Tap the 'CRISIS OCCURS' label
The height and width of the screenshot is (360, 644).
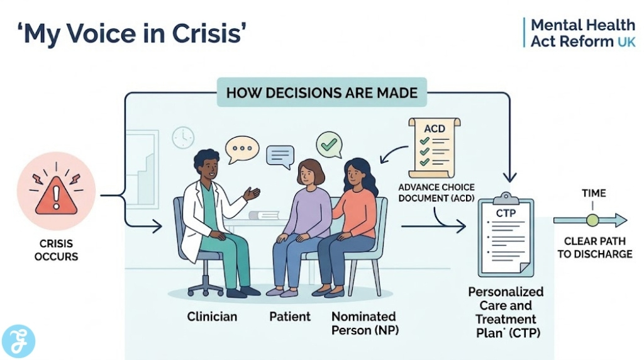tap(57, 249)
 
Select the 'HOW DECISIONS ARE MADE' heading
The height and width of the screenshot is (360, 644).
tap(321, 93)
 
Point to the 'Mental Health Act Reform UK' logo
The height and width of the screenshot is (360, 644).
tap(582, 33)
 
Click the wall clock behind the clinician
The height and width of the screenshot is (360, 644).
tap(183, 137)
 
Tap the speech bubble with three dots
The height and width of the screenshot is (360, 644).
tap(242, 150)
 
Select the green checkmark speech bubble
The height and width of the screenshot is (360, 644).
tap(328, 144)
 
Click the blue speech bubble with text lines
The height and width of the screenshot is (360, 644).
tap(280, 155)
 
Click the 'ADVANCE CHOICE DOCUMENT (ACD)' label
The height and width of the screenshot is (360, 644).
tap(436, 193)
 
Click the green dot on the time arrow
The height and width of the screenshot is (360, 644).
tap(592, 220)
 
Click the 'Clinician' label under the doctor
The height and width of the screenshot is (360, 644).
tap(212, 317)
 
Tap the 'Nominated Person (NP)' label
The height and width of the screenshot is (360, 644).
tap(364, 322)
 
